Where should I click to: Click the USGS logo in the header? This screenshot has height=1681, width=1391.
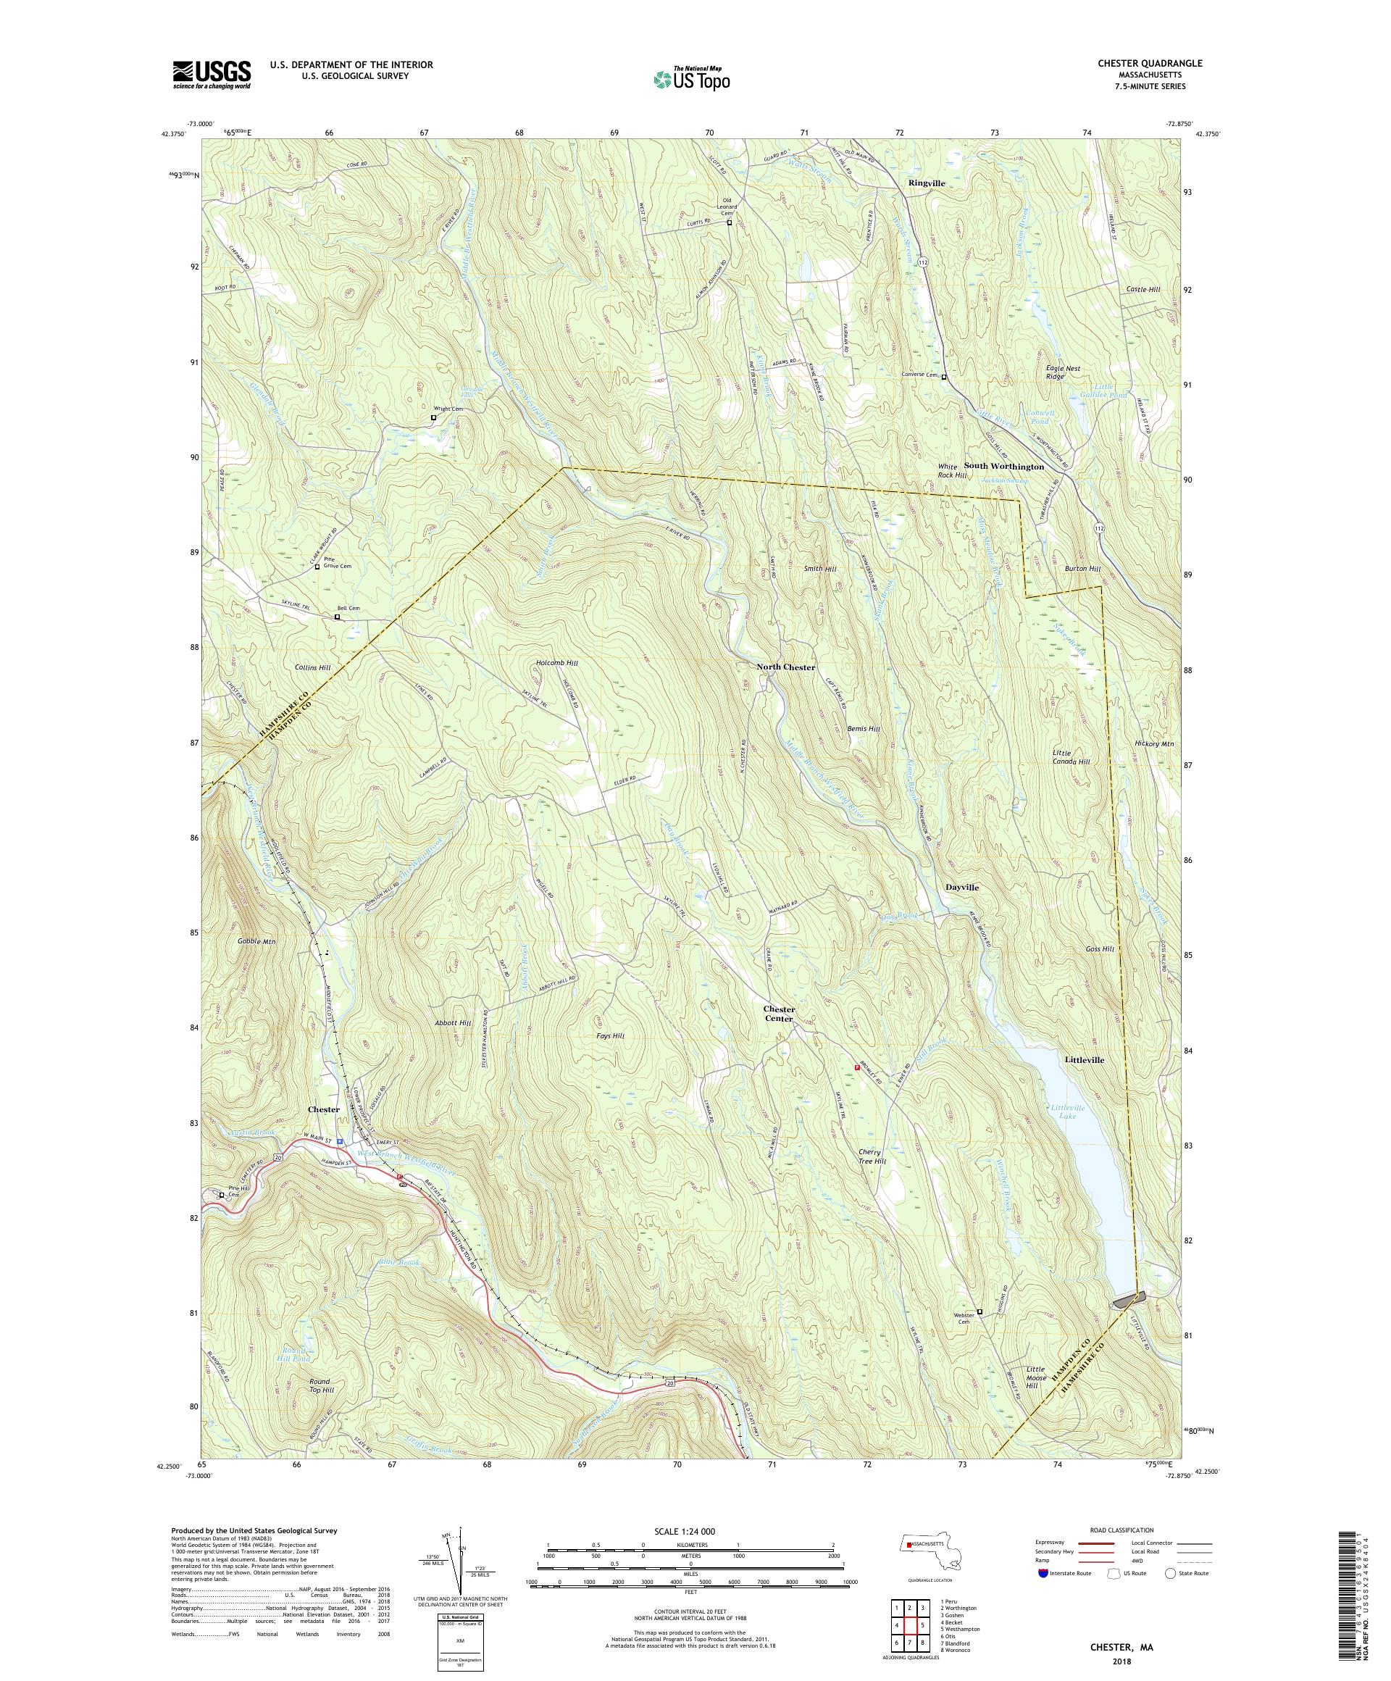212,75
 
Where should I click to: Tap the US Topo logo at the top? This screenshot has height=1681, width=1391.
691,78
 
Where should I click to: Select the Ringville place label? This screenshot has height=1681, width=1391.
927,183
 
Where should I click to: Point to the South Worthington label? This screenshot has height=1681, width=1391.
1003,466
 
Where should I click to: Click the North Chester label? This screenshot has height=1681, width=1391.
785,667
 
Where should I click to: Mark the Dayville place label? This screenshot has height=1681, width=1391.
961,888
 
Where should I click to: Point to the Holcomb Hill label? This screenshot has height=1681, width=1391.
557,663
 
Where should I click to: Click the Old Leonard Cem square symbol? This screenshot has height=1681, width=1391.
729,223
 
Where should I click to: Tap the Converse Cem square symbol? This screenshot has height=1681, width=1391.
943,377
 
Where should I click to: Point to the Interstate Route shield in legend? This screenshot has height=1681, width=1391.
1041,1572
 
